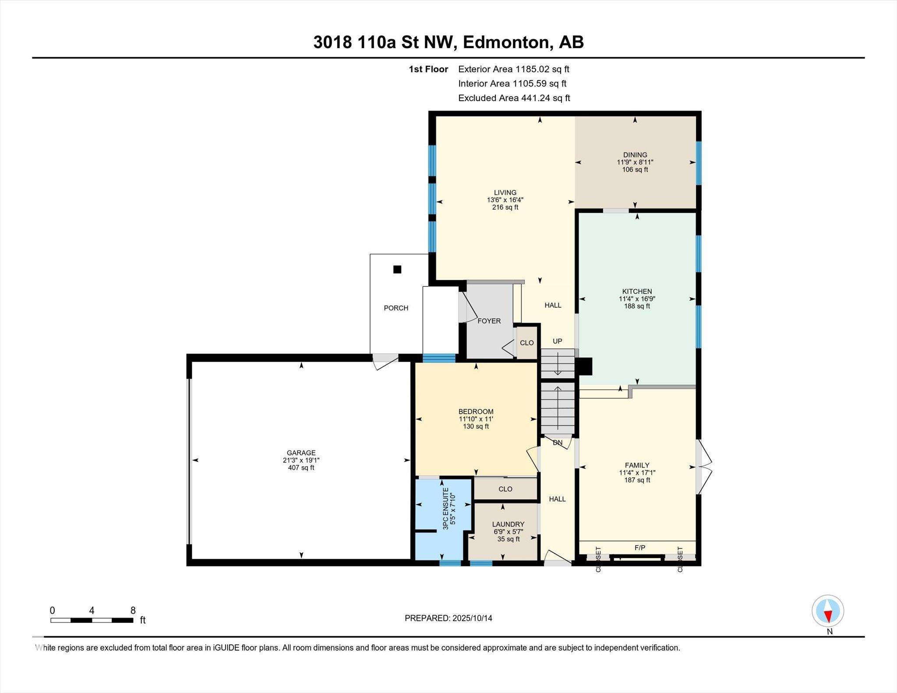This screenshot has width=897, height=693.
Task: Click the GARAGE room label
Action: point(301,453)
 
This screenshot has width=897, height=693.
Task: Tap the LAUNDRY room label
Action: point(508,524)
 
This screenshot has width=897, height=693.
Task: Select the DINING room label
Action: point(635,155)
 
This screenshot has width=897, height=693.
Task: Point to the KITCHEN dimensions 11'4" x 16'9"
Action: point(637,299)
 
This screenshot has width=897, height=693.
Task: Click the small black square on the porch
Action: point(397,270)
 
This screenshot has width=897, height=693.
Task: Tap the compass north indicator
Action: point(828,611)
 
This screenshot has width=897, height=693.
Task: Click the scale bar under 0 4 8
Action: point(92,620)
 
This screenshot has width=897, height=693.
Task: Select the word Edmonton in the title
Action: point(505,42)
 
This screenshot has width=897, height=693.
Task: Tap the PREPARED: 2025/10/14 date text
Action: point(448,618)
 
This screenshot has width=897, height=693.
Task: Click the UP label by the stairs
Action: point(557,341)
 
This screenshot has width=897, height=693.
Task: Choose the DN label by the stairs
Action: point(557,443)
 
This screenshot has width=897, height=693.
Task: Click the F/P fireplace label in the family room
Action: point(639,547)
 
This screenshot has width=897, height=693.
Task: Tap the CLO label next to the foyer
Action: point(527,343)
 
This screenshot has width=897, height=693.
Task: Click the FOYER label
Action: point(489,321)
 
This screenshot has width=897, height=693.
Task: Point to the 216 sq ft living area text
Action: point(505,207)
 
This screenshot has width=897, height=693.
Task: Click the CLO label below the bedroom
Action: point(505,489)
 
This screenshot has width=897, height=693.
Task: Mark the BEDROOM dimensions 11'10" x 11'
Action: point(476,419)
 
